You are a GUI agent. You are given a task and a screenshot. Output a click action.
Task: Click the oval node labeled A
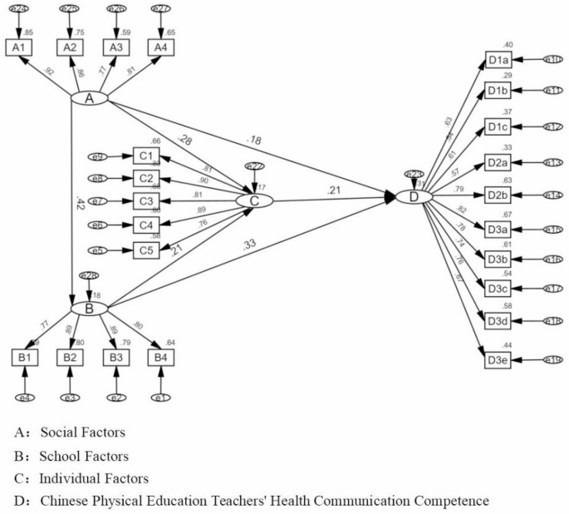click(91, 99)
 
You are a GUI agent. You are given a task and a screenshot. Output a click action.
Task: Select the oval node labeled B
click(89, 308)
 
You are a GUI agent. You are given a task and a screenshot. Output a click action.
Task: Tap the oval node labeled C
click(255, 200)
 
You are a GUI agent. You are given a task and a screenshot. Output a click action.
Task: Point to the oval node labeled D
click(413, 197)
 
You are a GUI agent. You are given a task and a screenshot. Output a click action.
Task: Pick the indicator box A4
click(159, 48)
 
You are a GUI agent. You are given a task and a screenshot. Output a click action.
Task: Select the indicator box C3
click(146, 200)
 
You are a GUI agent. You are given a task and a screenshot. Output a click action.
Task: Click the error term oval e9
click(99, 156)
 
